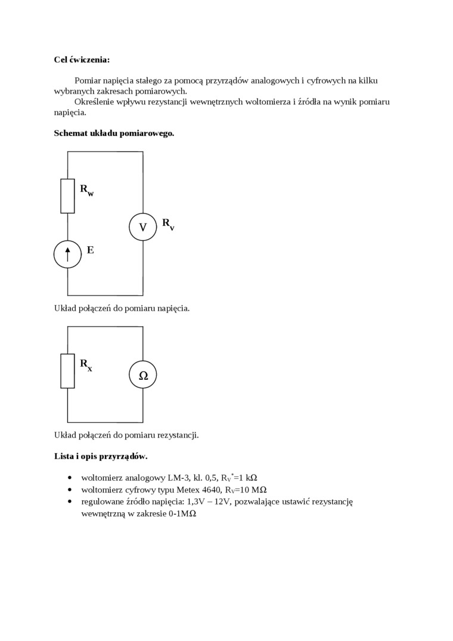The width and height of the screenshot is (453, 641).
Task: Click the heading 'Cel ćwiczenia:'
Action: click(82, 60)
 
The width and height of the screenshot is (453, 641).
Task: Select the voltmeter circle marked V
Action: click(143, 227)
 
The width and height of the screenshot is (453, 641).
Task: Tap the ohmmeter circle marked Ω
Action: click(143, 375)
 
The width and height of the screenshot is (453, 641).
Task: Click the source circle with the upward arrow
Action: click(67, 255)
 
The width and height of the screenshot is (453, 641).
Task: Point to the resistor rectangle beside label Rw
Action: click(67, 196)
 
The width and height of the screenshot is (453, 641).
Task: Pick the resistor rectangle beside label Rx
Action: click(67, 371)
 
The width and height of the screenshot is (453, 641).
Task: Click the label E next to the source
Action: click(90, 250)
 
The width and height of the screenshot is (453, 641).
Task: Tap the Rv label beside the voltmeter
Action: click(168, 224)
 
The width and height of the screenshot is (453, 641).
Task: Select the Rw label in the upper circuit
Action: click(87, 190)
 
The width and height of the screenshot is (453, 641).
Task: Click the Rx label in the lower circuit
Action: click(86, 364)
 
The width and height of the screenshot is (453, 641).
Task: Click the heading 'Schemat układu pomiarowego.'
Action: click(114, 133)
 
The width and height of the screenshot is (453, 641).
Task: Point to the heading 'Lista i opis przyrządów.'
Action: click(101, 457)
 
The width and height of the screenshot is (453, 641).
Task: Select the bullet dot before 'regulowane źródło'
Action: click(71, 501)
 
